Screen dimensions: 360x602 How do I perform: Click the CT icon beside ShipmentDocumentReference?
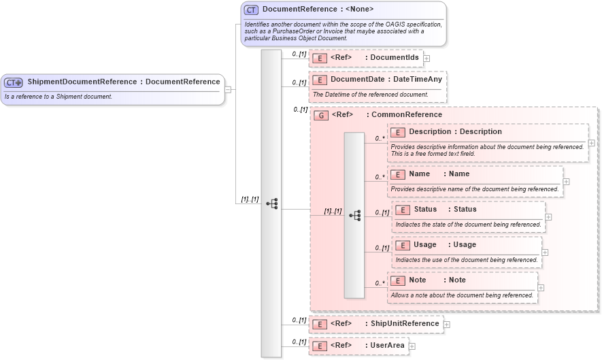coord(14,82)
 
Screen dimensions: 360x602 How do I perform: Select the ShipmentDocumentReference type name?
coord(82,82)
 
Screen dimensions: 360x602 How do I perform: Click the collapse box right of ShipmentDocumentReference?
coord(228,89)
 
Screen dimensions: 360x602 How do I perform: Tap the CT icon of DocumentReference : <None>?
coord(251,10)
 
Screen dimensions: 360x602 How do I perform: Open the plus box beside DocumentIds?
coord(427,59)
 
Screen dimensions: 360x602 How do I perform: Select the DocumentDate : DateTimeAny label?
coord(386,80)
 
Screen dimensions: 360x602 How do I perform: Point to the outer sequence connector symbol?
coord(271,203)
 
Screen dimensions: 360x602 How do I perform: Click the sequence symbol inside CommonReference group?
coord(354,215)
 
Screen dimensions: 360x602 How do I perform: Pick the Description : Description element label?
coord(455,132)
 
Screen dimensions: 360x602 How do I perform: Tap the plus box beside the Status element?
coord(549,218)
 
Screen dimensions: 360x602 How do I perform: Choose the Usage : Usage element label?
coord(444,245)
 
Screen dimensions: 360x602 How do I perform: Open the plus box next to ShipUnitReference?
coord(447,325)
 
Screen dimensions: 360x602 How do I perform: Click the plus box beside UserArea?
coord(412,346)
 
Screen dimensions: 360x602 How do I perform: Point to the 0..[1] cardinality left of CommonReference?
coord(300,109)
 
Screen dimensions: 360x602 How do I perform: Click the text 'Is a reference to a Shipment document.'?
coord(58,97)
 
